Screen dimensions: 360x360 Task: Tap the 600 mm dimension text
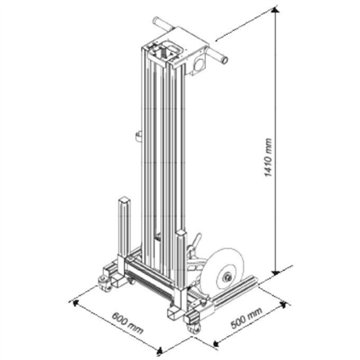(x=126, y=323)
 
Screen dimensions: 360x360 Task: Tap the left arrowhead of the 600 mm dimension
(x=76, y=297)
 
